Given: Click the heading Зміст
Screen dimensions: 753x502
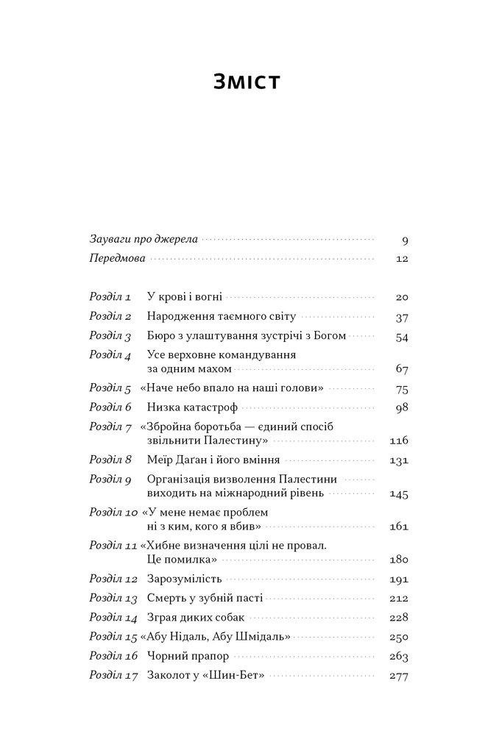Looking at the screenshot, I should pos(247,82).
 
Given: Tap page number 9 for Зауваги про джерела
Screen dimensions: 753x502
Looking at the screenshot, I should pos(405,240).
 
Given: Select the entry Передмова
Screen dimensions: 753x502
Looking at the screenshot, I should pos(117,259).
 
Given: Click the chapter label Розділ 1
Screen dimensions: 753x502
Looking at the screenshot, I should pos(110,297).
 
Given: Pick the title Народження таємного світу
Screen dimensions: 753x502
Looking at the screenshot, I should pos(222,316).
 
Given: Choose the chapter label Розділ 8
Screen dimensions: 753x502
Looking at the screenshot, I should pos(110,460).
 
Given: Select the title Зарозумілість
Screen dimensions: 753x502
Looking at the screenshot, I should pos(184,579).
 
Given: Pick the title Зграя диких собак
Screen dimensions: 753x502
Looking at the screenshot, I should pos(195,617).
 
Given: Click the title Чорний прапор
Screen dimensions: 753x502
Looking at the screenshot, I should pos(188,655).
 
